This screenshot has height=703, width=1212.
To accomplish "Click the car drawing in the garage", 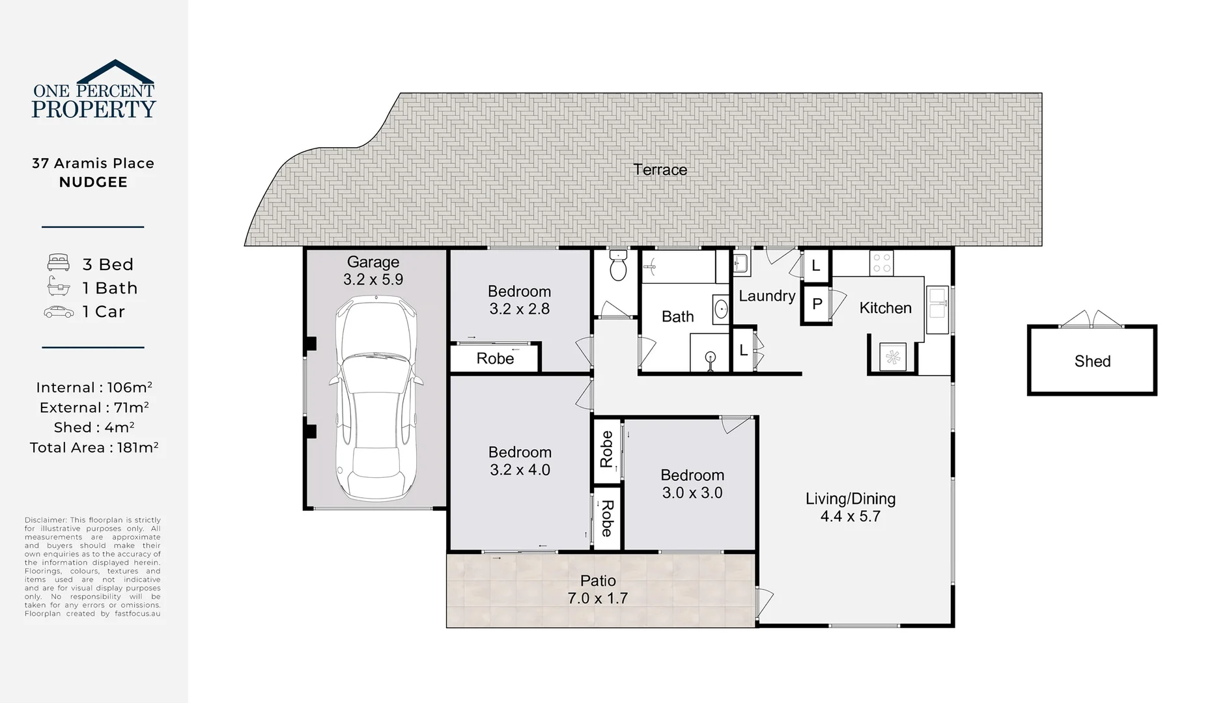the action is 376,398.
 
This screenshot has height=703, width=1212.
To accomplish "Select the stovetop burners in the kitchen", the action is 882,263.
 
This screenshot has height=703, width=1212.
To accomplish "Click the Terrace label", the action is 660,170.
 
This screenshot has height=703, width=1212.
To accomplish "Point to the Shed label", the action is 1092,361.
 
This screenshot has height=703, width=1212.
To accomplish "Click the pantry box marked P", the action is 817,305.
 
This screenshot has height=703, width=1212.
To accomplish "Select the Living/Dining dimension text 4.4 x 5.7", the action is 850,516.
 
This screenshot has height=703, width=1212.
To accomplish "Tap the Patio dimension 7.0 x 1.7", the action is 597,598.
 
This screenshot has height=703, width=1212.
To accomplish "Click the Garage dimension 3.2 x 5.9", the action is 373,279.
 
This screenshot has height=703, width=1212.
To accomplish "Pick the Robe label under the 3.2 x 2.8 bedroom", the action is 495,359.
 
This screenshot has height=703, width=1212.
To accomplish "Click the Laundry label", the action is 767,296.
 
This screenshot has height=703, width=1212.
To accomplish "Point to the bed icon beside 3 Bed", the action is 59,263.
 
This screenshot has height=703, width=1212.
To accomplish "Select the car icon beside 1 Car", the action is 59,312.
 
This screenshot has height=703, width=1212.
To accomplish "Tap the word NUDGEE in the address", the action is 93,182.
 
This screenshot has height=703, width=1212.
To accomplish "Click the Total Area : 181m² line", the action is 94,447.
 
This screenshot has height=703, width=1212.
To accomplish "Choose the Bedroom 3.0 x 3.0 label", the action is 692,484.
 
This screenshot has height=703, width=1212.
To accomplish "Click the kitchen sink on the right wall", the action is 937,310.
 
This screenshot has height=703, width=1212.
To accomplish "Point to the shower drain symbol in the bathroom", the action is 711,356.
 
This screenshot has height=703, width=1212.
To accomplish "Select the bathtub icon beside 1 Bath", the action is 59,286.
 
